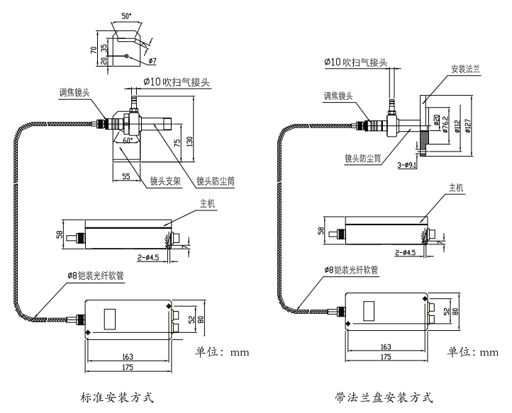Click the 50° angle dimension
[x=127, y=16]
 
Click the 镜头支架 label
[x=165, y=181]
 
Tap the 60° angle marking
[x=128, y=141]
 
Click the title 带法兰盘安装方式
[x=384, y=396]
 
